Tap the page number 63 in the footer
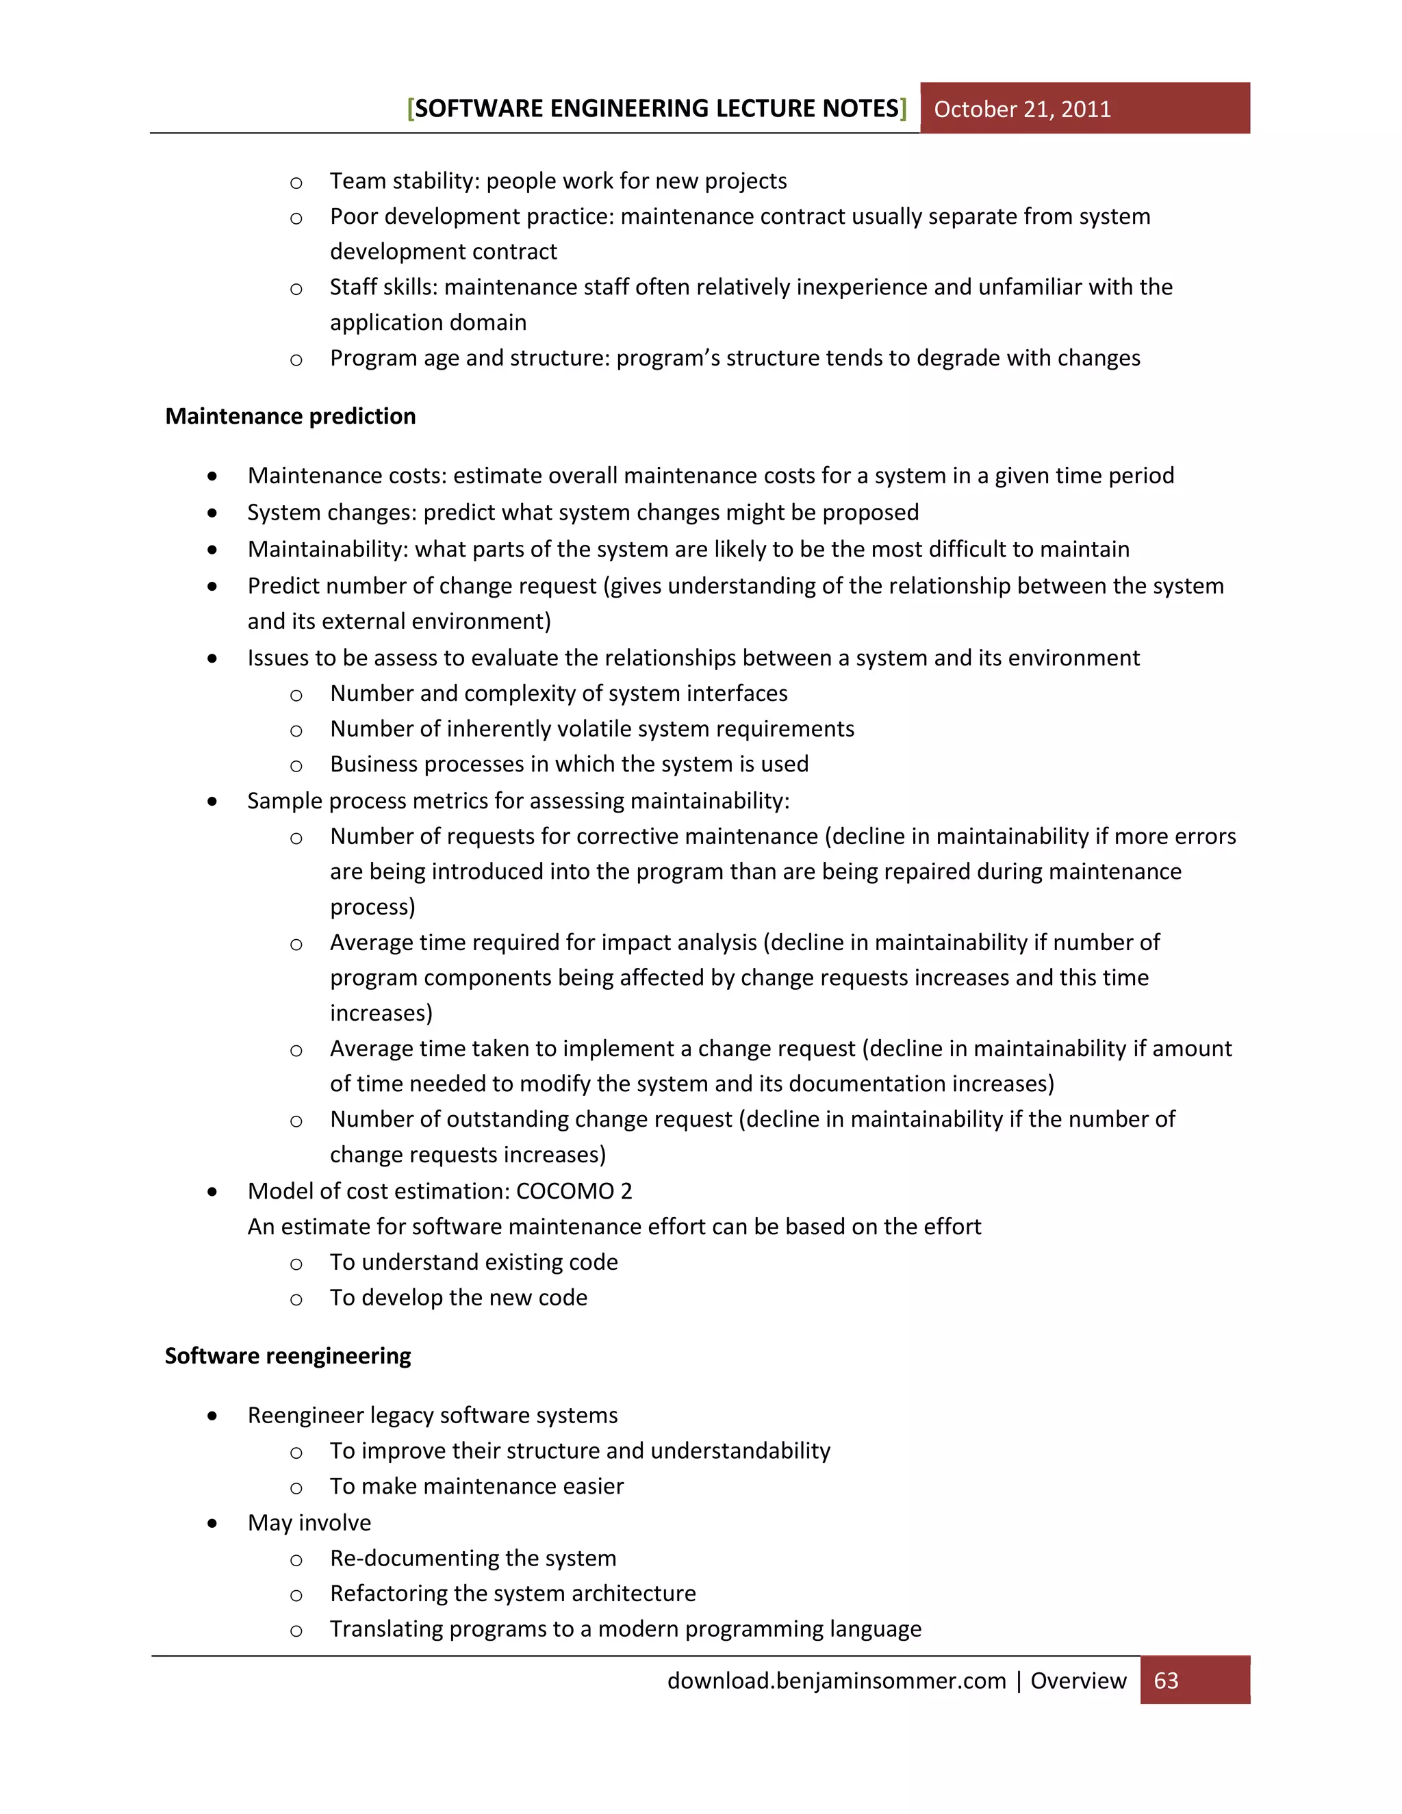tap(1166, 1681)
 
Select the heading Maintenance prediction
tap(290, 416)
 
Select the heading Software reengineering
tap(288, 1355)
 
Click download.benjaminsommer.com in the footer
tap(836, 1681)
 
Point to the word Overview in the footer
tap(1078, 1681)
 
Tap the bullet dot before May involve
tap(213, 1523)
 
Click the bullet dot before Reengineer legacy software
tap(213, 1416)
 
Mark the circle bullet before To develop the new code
tap(296, 1299)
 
